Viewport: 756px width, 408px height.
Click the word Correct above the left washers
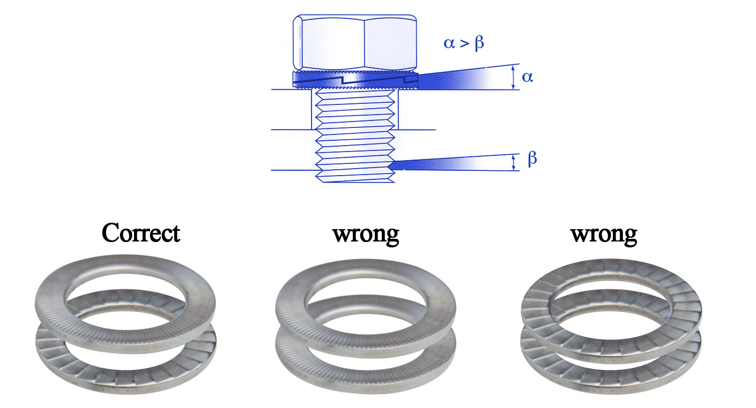[140, 233]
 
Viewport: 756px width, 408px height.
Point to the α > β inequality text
[464, 43]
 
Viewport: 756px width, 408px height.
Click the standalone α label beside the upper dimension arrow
[528, 77]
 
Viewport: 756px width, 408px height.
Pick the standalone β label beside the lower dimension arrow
[532, 159]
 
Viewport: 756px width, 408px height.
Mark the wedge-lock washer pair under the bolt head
[355, 79]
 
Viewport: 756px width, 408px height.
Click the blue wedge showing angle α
[456, 80]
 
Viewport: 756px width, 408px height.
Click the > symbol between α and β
[464, 43]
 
